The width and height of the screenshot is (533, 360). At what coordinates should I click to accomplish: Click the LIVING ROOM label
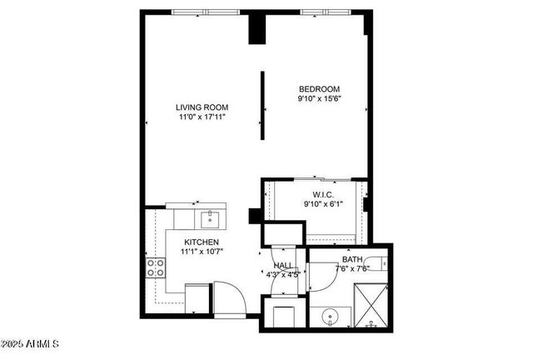click(x=202, y=107)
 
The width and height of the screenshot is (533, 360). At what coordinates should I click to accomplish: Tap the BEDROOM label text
click(x=320, y=89)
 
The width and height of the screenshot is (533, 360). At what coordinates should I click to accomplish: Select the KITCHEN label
click(x=202, y=242)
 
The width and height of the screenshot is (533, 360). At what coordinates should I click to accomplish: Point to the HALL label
click(x=282, y=267)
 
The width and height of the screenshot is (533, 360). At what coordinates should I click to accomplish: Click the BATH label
click(x=352, y=260)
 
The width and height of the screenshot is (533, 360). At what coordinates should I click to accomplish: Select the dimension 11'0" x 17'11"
click(x=202, y=117)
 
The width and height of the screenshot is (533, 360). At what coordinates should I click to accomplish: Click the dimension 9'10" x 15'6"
click(x=320, y=98)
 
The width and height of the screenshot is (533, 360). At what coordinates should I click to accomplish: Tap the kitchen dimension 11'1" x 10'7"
click(x=202, y=252)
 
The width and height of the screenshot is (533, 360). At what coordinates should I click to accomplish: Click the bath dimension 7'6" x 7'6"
click(x=352, y=268)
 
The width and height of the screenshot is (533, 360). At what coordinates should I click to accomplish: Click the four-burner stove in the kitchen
click(x=155, y=267)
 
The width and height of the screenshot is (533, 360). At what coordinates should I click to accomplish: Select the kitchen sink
click(x=210, y=219)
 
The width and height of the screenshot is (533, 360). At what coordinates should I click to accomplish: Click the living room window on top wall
click(x=205, y=12)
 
